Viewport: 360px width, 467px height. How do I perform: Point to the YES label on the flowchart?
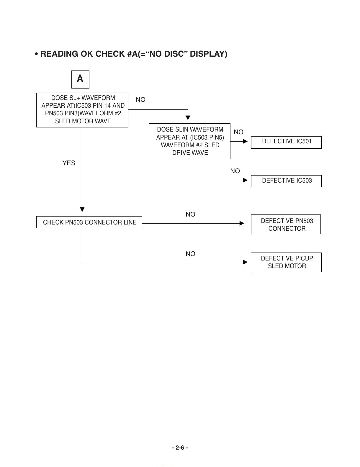point(69,163)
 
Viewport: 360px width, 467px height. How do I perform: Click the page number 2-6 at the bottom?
point(180,448)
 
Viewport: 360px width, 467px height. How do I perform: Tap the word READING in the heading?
point(59,54)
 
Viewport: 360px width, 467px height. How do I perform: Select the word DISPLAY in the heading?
point(209,54)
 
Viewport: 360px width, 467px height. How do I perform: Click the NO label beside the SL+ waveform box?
point(140,99)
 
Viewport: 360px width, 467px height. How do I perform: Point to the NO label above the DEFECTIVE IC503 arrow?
point(235,171)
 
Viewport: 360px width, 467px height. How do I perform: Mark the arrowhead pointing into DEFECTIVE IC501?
point(245,141)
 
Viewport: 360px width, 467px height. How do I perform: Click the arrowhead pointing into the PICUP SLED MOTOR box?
point(245,262)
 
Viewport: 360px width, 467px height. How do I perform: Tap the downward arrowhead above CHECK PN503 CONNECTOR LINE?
point(82,209)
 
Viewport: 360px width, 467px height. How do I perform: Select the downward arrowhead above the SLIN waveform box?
point(188,118)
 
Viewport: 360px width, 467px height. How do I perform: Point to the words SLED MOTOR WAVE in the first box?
point(83,121)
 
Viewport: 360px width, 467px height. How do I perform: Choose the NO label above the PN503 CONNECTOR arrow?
point(190,214)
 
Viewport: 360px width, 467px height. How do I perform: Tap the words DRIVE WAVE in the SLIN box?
point(190,153)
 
